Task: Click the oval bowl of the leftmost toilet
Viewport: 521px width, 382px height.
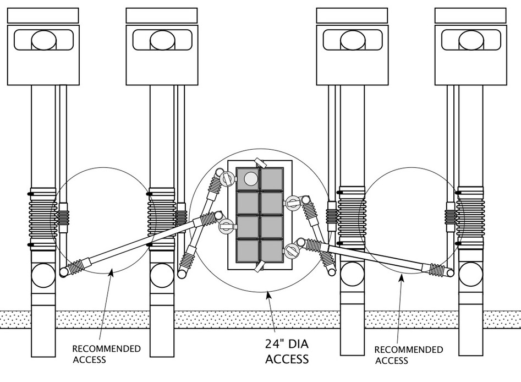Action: (x=43, y=40)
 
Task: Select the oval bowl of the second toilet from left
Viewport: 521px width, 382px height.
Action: (x=161, y=40)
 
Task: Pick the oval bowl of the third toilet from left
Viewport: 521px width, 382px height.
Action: (x=352, y=40)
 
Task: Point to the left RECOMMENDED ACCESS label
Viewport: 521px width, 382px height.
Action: (x=106, y=354)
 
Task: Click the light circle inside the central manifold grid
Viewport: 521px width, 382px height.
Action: (x=250, y=178)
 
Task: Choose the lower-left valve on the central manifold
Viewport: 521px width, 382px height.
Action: (x=226, y=226)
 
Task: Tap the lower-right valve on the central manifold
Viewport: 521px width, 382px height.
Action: (x=292, y=252)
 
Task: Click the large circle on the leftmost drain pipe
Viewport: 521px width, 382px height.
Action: (x=43, y=274)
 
